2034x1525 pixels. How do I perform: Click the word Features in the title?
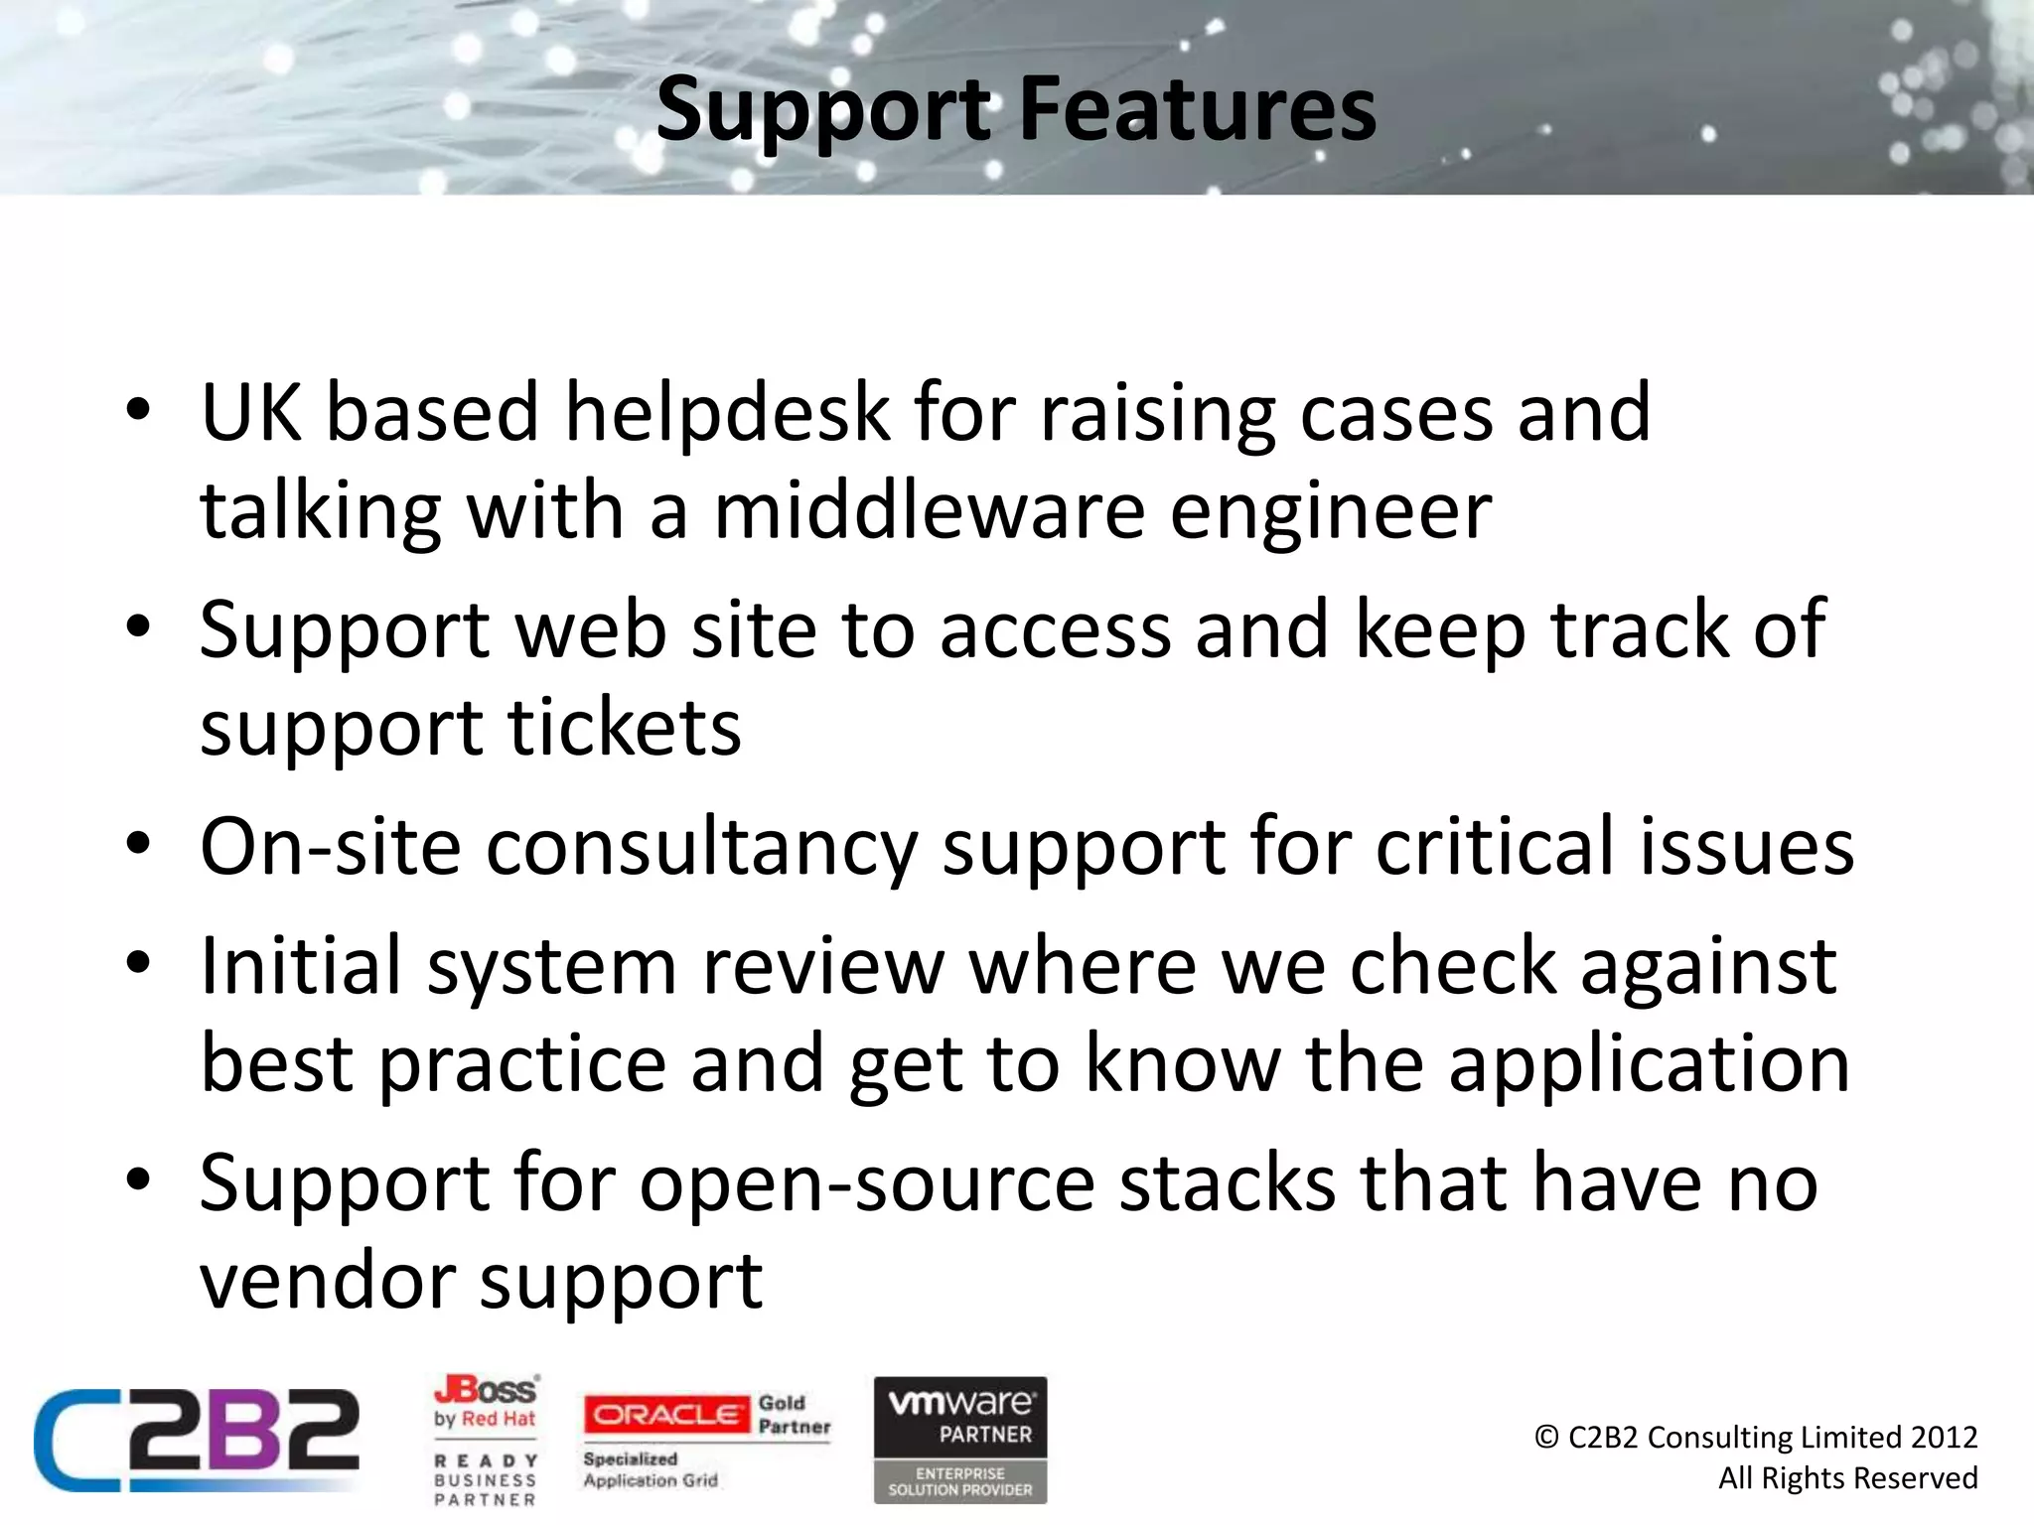coord(1198,109)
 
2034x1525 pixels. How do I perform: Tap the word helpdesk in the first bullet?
coord(728,413)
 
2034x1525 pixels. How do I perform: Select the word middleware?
coord(929,511)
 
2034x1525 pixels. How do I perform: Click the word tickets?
coord(625,728)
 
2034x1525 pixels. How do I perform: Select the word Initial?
coord(301,965)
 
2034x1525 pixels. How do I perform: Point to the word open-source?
coord(867,1183)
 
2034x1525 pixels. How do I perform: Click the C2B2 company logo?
coord(197,1440)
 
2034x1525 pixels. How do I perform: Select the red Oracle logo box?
coord(666,1414)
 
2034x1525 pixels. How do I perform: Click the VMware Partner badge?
coord(959,1439)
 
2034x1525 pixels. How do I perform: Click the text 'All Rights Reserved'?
coord(1847,1477)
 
